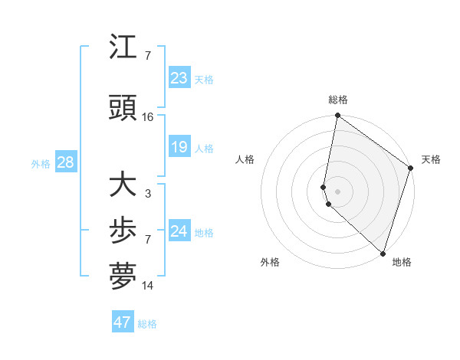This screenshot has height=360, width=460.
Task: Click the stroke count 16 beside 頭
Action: [148, 117]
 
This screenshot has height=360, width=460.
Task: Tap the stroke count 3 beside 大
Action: [148, 194]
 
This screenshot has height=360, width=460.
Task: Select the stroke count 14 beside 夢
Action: [148, 286]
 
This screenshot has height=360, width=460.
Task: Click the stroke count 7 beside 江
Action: [148, 56]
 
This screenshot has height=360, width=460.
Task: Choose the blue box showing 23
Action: [179, 77]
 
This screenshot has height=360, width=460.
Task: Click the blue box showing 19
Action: [179, 147]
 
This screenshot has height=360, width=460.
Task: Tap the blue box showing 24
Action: [179, 231]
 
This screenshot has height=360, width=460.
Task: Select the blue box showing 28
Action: [65, 162]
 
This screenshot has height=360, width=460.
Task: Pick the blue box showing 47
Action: [122, 322]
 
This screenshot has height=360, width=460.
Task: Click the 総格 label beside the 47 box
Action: [147, 324]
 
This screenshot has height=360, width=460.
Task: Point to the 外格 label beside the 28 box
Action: [41, 164]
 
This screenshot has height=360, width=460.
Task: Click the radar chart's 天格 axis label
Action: [431, 159]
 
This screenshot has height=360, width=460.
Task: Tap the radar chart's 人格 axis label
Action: [245, 159]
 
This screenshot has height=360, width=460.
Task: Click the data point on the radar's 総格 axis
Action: [337, 116]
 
